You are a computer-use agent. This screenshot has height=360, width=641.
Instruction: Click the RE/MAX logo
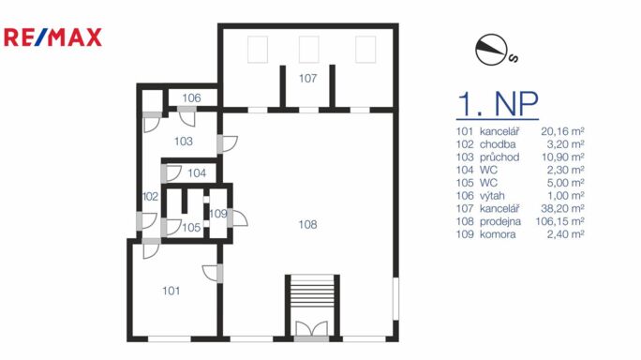(x=52, y=37)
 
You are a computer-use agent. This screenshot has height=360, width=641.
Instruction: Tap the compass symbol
(x=491, y=50)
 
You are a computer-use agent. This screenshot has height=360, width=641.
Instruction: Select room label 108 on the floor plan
(x=307, y=224)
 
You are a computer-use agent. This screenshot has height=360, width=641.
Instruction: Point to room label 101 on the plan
(x=171, y=291)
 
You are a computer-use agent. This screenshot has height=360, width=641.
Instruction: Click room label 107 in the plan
(x=307, y=78)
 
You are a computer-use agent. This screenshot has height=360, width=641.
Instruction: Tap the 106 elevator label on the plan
(x=191, y=97)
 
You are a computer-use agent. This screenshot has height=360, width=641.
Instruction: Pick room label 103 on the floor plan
(x=184, y=142)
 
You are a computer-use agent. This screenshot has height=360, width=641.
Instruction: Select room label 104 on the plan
(x=197, y=173)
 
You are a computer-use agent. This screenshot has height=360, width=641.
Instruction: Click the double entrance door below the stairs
(x=311, y=329)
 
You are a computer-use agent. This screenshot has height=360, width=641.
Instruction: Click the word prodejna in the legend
(x=500, y=222)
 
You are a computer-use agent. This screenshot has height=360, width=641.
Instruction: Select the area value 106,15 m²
(x=560, y=221)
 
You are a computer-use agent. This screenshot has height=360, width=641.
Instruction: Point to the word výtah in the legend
(x=492, y=196)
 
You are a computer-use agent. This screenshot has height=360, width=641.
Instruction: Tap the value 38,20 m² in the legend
(x=562, y=209)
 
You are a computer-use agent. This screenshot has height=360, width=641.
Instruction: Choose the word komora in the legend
(x=498, y=234)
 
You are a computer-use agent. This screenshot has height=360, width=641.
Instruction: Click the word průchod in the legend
(x=499, y=157)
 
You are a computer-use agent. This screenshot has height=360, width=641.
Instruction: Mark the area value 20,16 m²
(x=562, y=131)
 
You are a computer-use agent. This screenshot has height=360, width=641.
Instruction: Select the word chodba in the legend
(x=498, y=144)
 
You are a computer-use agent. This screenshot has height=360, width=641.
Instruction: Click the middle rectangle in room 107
(x=308, y=50)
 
